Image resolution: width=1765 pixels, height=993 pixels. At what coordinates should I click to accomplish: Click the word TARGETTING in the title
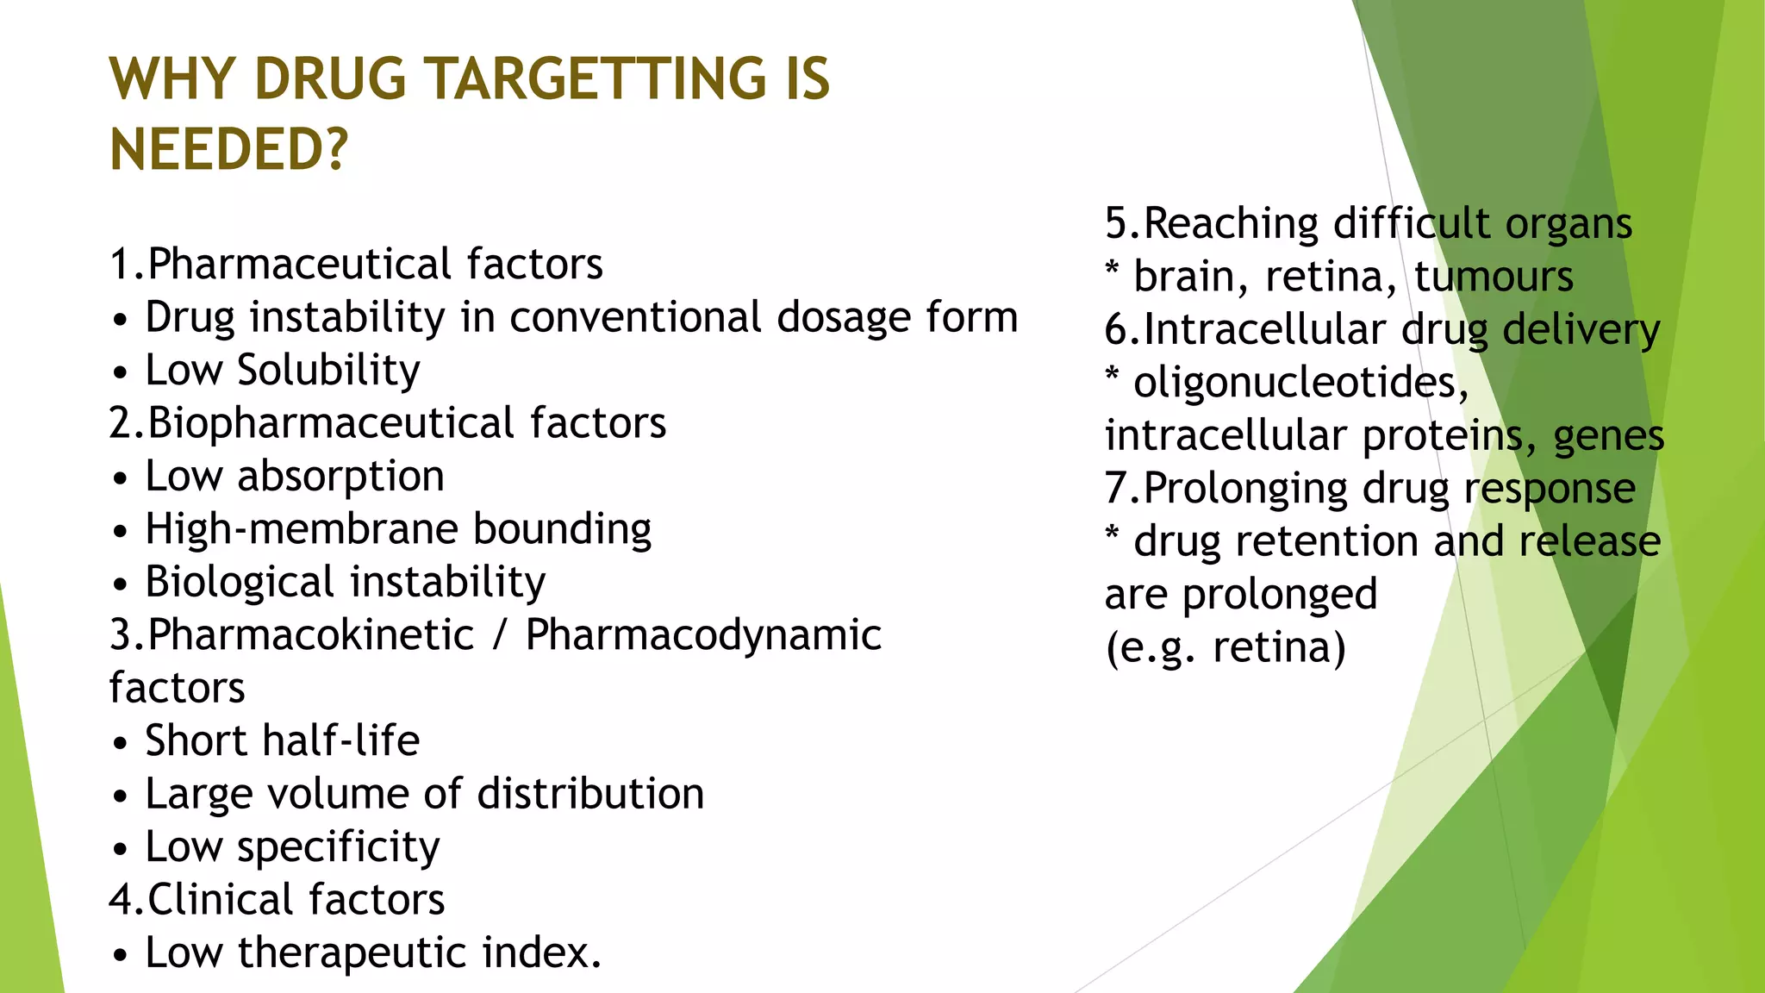596,79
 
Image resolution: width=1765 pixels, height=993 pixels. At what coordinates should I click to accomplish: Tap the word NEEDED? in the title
229,149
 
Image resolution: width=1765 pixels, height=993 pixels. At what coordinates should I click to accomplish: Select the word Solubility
328,371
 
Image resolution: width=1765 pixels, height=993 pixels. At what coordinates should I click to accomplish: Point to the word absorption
340,477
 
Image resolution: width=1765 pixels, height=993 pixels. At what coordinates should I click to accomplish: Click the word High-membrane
300,529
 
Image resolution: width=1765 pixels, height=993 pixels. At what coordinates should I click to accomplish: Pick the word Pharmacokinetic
310,635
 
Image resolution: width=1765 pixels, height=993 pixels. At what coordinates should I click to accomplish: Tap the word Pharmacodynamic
703,635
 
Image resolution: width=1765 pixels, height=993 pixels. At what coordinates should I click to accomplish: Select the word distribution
590,794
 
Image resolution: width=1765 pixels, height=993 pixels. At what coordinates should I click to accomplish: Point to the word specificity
338,847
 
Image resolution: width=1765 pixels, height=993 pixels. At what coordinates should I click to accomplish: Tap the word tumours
1494,277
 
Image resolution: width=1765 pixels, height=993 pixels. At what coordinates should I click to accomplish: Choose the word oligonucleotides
1300,383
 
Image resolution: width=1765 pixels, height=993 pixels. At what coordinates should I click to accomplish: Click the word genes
1608,436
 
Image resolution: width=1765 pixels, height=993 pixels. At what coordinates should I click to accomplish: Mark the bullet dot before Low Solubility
121,373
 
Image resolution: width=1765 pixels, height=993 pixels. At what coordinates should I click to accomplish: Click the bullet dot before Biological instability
121,585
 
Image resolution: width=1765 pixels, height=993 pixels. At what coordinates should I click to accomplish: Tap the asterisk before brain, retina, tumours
1113,269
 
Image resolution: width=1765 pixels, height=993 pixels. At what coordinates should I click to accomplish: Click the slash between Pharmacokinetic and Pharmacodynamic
500,635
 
